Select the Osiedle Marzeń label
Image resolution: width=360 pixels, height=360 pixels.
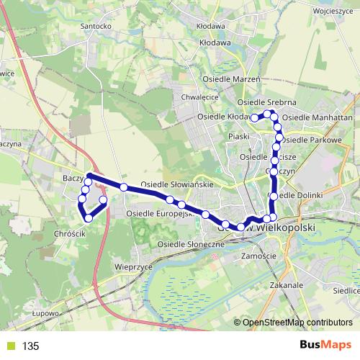tap(231, 78)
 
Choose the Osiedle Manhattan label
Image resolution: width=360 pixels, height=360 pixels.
tap(317, 117)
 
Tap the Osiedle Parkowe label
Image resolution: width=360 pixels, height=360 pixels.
tap(312, 139)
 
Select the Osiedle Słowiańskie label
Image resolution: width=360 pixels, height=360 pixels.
tap(176, 184)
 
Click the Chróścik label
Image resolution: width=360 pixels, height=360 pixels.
tap(70, 235)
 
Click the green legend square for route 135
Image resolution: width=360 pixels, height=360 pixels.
tap(9, 346)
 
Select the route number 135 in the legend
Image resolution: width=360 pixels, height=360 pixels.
tap(30, 346)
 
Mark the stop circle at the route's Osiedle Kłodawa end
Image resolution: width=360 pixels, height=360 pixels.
tap(254, 117)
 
